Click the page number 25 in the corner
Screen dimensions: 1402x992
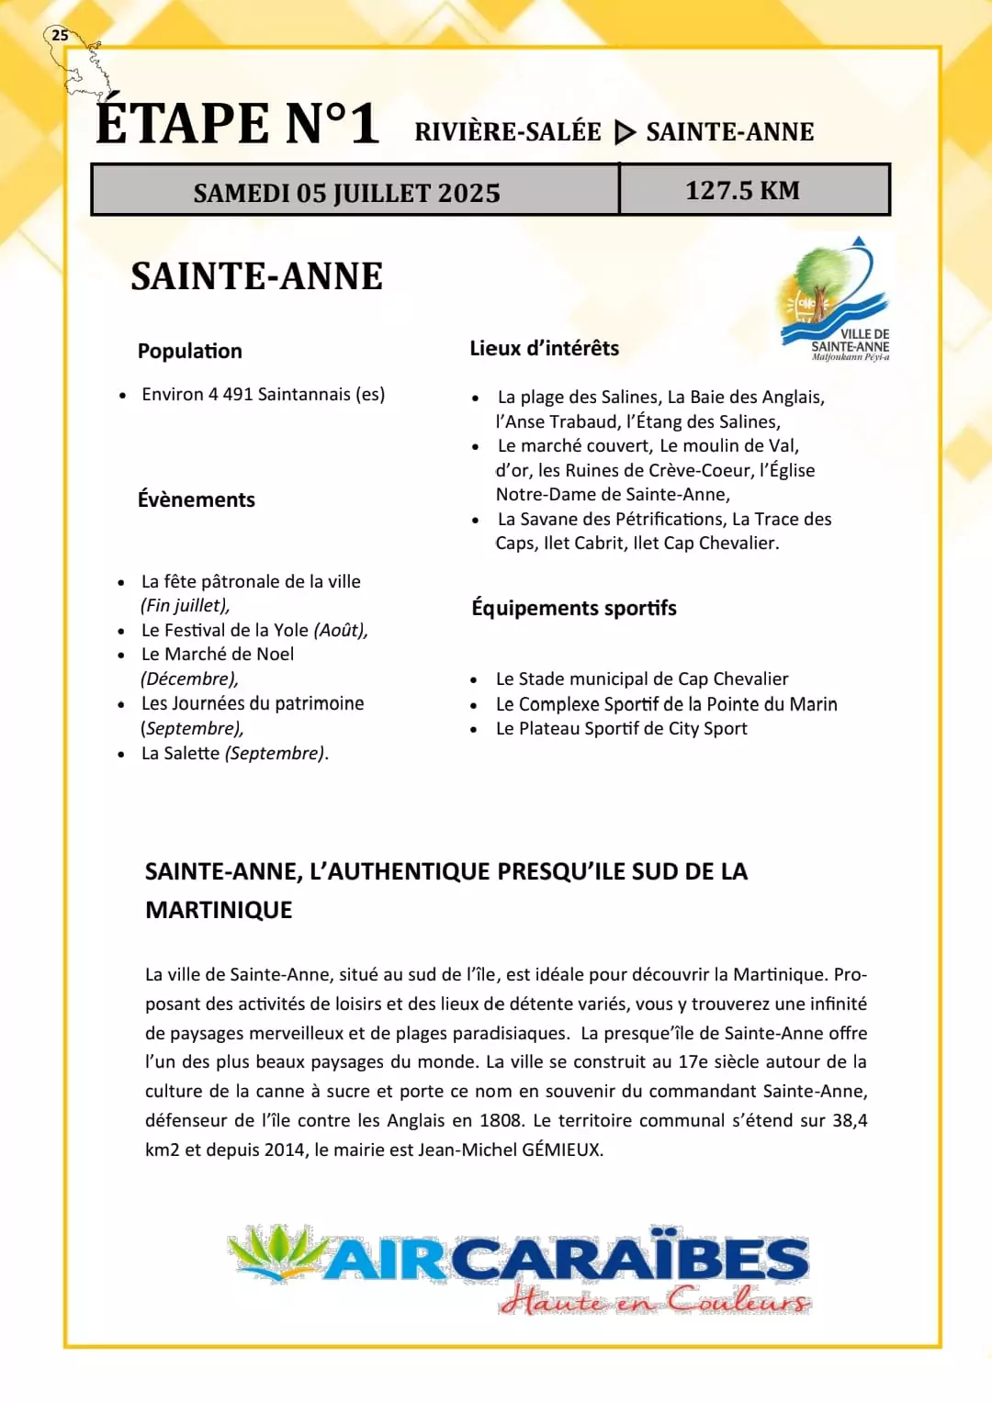[60, 35]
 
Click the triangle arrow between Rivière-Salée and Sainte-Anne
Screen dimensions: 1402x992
[625, 132]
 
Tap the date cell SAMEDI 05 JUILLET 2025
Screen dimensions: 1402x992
[346, 193]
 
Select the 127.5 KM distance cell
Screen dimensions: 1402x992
[742, 190]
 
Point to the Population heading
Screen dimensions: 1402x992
[190, 351]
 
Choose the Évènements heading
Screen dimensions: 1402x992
[197, 499]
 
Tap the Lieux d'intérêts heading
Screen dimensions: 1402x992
[544, 348]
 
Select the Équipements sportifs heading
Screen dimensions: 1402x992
[574, 608]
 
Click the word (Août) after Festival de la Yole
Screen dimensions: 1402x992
[340, 630]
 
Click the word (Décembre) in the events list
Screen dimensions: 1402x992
[189, 679]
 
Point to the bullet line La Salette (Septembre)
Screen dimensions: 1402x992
[234, 753]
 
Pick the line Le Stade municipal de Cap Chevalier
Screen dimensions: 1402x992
[641, 679]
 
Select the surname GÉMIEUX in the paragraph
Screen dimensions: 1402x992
[561, 1150]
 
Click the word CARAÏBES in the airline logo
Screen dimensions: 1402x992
[629, 1259]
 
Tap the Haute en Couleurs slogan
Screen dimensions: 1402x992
[655, 1300]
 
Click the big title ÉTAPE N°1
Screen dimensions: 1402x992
[237, 124]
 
